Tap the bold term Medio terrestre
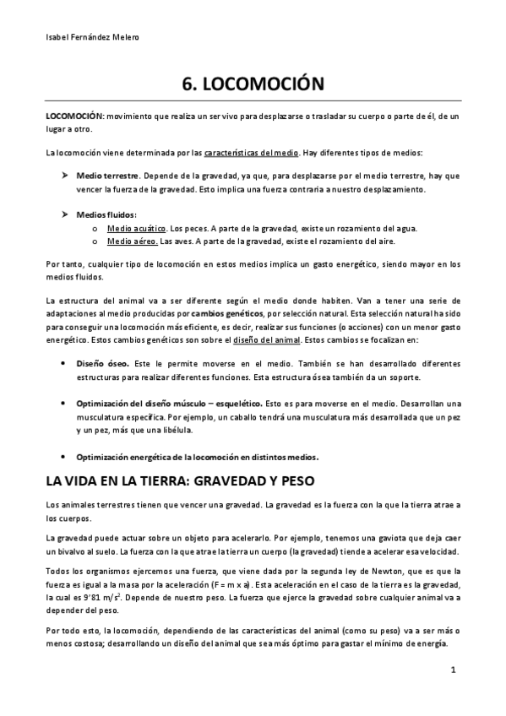107,176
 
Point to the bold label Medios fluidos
106,214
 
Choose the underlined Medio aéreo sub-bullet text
131,241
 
